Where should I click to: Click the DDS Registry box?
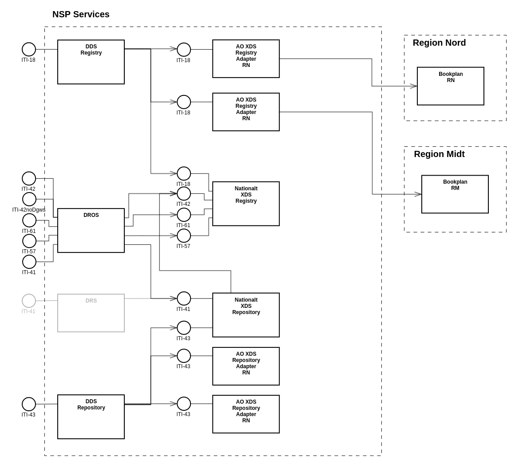(x=91, y=62)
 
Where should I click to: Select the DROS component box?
(x=91, y=230)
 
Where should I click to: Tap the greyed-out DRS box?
(x=91, y=313)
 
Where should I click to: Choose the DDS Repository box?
(x=91, y=417)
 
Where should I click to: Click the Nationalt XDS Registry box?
(x=246, y=204)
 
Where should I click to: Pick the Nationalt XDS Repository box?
(x=246, y=315)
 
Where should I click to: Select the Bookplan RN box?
(x=451, y=86)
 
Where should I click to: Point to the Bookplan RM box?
(x=455, y=194)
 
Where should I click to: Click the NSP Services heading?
(x=81, y=14)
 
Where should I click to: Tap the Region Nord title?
(x=439, y=43)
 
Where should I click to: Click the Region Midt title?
(x=439, y=154)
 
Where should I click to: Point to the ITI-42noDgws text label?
(x=29, y=210)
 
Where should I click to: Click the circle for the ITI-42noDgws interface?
(x=29, y=199)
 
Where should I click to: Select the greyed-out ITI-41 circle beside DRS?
(x=29, y=301)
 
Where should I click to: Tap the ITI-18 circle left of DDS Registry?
(x=29, y=49)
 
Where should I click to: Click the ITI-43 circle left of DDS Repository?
(x=29, y=404)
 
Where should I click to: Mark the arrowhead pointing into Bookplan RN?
(x=413, y=86)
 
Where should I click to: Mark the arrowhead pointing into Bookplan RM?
(x=418, y=194)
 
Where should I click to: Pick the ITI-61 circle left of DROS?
(x=29, y=220)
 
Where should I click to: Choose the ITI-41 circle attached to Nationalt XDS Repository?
(x=184, y=299)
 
